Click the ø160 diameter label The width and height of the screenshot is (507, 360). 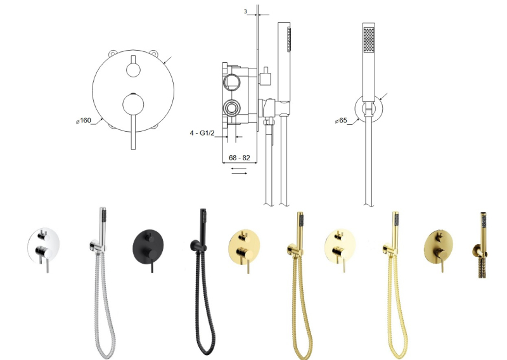[84, 120]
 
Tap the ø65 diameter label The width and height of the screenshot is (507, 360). [341, 120]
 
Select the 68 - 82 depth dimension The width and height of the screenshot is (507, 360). [240, 158]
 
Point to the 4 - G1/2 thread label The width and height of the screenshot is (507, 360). [202, 133]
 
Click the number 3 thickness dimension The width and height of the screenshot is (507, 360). [245, 11]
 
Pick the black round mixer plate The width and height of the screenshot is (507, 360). [148, 247]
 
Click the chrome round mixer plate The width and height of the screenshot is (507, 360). [44, 245]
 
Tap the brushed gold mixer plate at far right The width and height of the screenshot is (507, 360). [439, 247]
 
